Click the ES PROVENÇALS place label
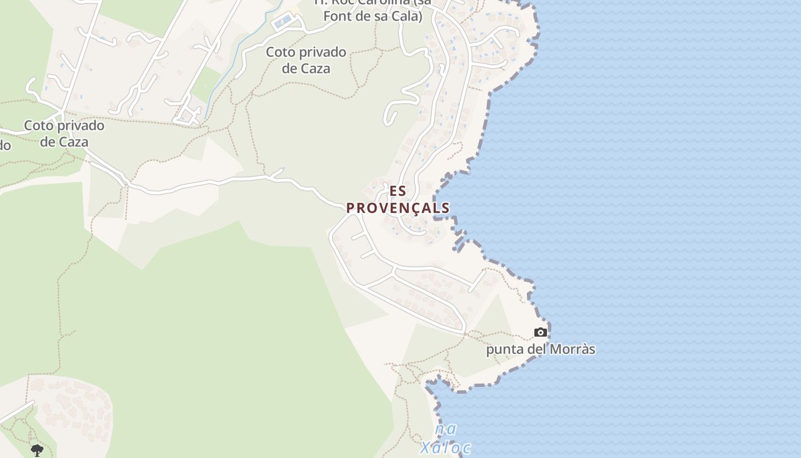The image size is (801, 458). click(x=398, y=199)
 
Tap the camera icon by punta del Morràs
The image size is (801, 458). click(x=540, y=332)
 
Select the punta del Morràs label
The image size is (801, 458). click(x=541, y=349)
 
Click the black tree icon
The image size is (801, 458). click(x=37, y=450)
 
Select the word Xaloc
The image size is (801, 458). click(x=445, y=448)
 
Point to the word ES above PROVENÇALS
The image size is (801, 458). click(x=398, y=191)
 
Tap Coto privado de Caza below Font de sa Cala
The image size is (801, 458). click(x=306, y=60)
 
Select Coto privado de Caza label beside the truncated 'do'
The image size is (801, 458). click(x=64, y=133)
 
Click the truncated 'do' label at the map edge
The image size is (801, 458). click(x=5, y=145)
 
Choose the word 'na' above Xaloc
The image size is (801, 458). click(x=445, y=429)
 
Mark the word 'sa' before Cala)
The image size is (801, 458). click(x=384, y=16)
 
